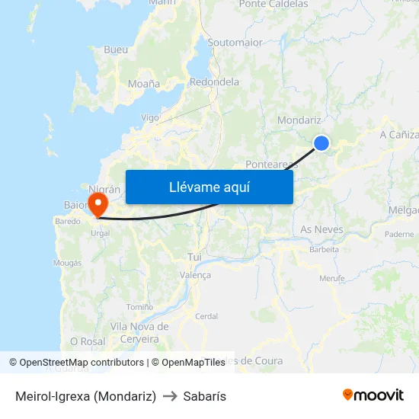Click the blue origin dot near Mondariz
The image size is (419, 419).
(x=321, y=142)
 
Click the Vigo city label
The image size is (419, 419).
(x=150, y=118)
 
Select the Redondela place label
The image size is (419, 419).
(x=214, y=82)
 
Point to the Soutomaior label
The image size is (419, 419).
(x=235, y=43)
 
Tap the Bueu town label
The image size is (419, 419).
(x=116, y=50)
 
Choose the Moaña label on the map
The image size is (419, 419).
(x=144, y=84)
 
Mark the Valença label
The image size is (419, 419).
(x=194, y=275)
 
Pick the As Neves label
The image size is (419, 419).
(x=321, y=229)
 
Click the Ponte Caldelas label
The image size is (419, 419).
(x=273, y=5)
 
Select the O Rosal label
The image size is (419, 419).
(x=88, y=341)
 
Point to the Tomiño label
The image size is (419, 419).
(x=139, y=306)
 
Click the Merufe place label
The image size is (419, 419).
(x=331, y=278)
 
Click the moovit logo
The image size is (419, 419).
(x=373, y=395)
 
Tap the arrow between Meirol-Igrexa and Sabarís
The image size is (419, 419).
(x=170, y=396)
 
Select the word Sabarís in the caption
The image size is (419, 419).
(x=205, y=396)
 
